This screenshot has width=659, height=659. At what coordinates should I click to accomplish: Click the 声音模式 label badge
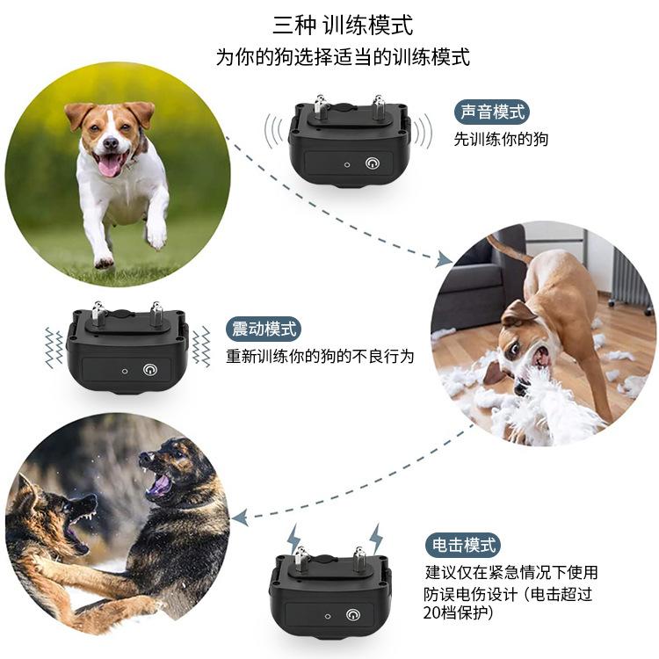492,112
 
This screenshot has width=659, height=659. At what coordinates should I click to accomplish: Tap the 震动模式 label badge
264,329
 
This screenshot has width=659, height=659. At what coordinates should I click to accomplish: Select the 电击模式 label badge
463,545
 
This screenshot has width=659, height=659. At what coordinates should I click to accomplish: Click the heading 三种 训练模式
343,25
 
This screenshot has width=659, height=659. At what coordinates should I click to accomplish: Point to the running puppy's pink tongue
110,165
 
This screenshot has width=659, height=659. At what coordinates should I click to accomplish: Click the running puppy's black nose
111,143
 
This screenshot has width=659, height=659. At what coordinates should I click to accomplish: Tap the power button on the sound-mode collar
373,163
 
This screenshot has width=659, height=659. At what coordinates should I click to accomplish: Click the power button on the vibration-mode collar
150,370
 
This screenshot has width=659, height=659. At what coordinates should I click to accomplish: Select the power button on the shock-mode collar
353,615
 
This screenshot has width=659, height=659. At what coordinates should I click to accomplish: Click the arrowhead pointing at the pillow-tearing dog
444,259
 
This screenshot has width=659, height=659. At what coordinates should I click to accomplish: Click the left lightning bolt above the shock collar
293,539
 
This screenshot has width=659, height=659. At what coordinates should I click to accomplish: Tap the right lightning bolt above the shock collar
376,538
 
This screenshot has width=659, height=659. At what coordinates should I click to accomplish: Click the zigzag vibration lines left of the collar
54,347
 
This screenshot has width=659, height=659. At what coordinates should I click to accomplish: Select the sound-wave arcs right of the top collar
423,131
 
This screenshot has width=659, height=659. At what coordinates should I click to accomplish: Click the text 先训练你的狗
501,139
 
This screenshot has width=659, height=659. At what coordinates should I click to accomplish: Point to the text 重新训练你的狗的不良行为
320,357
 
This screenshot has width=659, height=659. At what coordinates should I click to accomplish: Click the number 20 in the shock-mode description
432,613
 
